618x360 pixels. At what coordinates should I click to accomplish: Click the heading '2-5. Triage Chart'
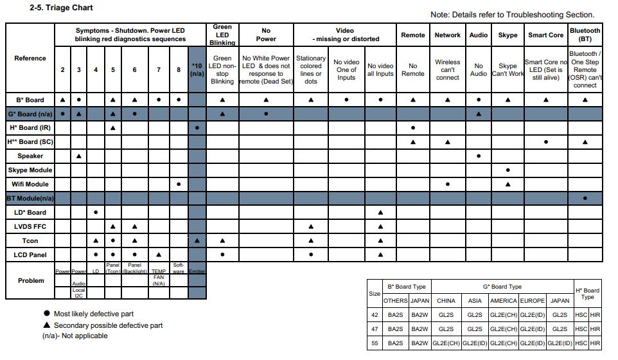(x=61, y=8)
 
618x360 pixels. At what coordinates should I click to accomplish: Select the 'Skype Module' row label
(x=30, y=170)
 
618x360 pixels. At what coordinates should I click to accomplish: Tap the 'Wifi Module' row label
(x=30, y=184)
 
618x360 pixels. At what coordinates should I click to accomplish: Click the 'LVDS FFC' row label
(x=30, y=226)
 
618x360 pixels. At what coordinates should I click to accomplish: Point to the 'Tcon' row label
(x=30, y=240)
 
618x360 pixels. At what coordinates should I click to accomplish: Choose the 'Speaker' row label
(x=30, y=156)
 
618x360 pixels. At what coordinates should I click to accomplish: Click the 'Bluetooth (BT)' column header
(x=585, y=35)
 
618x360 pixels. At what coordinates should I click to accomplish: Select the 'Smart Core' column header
(x=545, y=35)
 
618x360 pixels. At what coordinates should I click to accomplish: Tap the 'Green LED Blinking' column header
(x=222, y=35)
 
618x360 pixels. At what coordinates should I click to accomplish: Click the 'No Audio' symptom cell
(x=478, y=69)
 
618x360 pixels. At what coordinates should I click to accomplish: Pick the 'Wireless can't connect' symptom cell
(x=447, y=69)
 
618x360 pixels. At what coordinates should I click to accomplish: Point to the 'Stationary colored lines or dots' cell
(x=310, y=69)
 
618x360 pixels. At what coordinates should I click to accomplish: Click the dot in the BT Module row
(x=585, y=199)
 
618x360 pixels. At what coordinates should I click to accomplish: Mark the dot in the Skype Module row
(x=508, y=170)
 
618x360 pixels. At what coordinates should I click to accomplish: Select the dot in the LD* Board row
(x=96, y=212)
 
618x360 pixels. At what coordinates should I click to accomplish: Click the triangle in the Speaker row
(x=79, y=156)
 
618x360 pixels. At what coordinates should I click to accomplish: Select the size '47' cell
(x=374, y=328)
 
